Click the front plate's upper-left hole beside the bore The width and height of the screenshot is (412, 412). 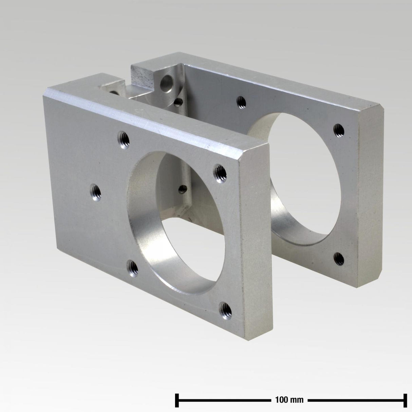point(123,138)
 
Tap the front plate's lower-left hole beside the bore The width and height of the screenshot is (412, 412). point(133,266)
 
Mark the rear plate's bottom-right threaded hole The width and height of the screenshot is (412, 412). point(339,259)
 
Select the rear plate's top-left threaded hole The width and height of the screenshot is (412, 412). point(241,100)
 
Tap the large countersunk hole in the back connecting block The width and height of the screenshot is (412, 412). point(167,82)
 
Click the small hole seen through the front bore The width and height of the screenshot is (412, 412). point(183,188)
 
